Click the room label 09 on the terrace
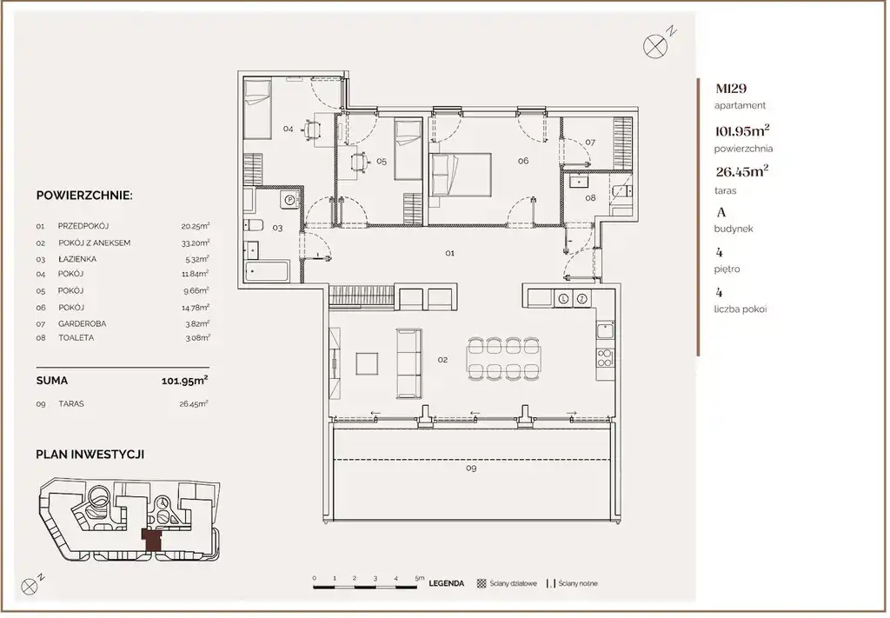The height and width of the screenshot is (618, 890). point(470,468)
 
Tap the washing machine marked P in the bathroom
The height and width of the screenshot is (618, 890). point(289,199)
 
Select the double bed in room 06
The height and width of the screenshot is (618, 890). point(460,174)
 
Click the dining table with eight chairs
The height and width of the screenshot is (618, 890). point(503,358)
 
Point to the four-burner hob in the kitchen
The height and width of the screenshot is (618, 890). point(605,357)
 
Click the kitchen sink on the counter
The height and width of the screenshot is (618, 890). point(605,330)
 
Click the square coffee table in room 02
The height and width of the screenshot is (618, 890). point(367,363)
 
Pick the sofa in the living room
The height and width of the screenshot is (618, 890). point(408,363)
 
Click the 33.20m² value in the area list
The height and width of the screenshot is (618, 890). point(196,243)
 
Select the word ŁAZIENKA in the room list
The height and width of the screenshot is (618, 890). point(77,259)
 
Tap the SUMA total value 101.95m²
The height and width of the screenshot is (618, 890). point(184,380)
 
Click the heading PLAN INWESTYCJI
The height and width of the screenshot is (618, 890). point(90,455)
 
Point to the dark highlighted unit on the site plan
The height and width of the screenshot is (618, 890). point(151,539)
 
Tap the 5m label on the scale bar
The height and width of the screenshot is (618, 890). point(420,578)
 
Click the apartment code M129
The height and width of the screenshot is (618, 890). point(731,89)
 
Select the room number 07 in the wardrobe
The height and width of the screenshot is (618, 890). point(590,143)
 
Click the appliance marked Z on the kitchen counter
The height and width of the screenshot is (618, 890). point(582,298)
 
